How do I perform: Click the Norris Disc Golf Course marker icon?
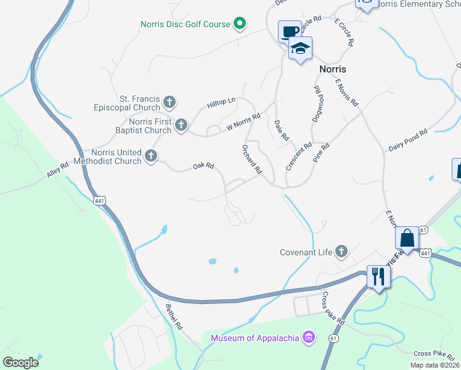[x=240, y=25]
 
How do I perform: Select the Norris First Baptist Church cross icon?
[x=181, y=125]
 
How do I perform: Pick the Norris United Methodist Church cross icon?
[x=151, y=157]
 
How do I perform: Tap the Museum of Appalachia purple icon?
[x=309, y=338]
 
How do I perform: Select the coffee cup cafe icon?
[x=288, y=31]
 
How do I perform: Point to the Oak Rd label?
[x=203, y=166]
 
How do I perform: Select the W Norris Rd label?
[x=243, y=121]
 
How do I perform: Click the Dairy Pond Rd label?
[x=407, y=141]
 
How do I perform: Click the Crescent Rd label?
[x=299, y=157]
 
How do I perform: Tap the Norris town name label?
[x=333, y=69]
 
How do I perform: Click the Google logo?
[x=20, y=363]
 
